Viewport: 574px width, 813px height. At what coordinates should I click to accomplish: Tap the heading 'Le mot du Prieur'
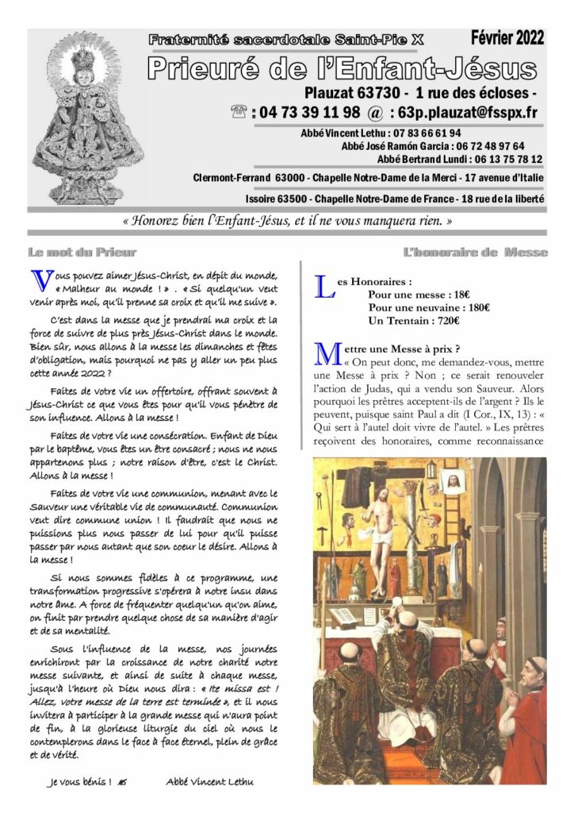71,253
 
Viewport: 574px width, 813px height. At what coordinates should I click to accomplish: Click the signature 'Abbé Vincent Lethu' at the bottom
209,782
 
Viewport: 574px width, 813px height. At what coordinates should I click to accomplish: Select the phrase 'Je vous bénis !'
79,782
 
